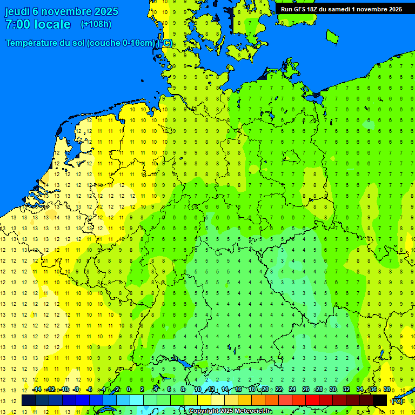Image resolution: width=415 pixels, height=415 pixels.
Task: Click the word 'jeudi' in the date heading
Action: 18,11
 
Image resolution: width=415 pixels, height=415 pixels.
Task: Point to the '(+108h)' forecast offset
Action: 96,24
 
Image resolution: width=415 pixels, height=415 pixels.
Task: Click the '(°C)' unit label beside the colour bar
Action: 397,400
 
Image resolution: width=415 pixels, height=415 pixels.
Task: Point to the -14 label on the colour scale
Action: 36,389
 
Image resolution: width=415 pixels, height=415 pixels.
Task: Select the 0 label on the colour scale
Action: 129,389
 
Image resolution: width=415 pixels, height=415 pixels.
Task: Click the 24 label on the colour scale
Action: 292,389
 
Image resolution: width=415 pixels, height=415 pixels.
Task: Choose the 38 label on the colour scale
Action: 387,389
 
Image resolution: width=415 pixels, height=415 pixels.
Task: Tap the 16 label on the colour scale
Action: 238,389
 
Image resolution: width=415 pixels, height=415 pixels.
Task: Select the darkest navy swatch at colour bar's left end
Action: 29,400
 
